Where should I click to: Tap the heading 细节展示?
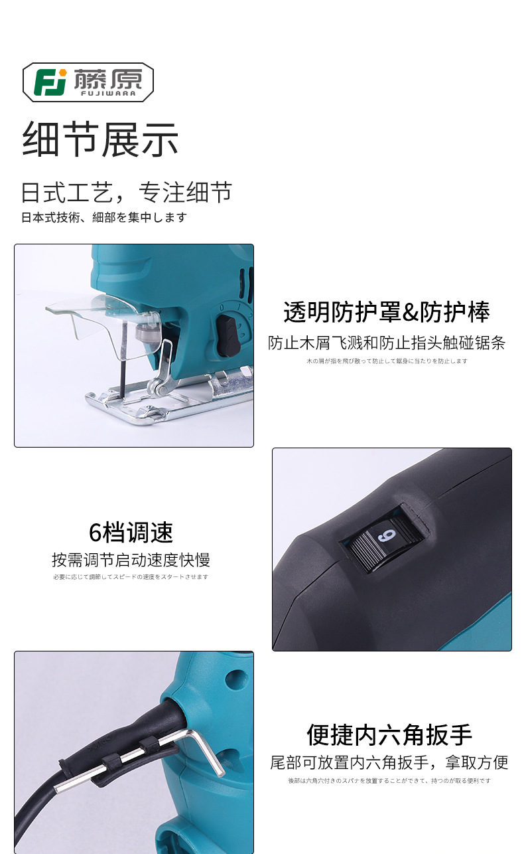(100, 139)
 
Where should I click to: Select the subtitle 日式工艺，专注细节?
(127, 192)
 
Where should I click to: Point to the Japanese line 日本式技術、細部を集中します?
(104, 218)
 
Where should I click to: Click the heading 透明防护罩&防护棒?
(387, 311)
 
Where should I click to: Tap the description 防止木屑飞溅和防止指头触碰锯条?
(387, 343)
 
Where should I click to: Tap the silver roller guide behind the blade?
(157, 388)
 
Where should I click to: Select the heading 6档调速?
(131, 533)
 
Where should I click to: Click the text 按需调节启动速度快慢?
(131, 560)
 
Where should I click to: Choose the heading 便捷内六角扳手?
(389, 735)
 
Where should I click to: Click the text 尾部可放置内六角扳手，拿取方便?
(389, 762)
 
